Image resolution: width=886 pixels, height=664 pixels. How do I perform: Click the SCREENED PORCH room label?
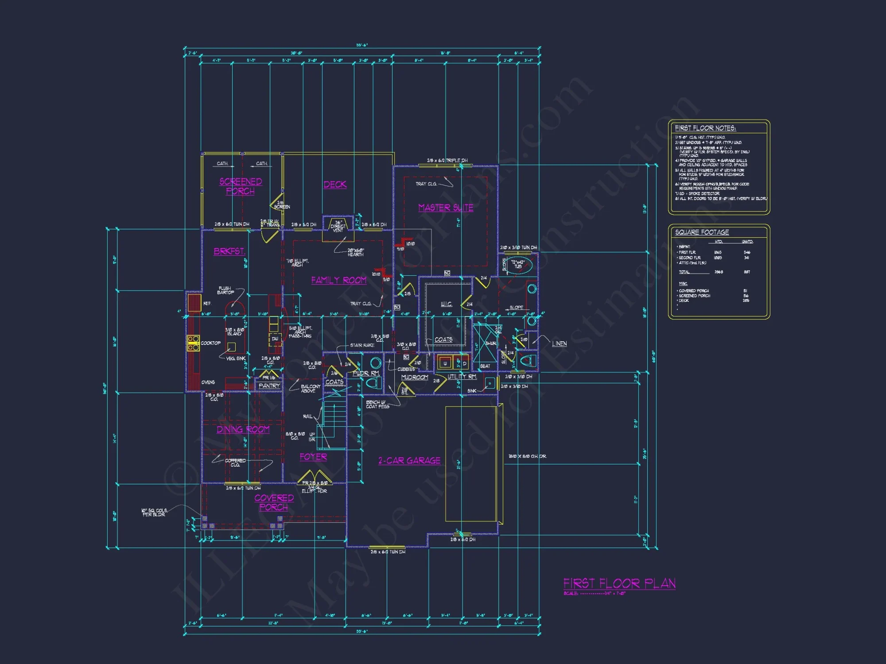click(x=241, y=186)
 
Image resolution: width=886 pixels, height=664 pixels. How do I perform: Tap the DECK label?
click(x=335, y=185)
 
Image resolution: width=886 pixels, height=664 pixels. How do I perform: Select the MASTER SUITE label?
click(x=446, y=208)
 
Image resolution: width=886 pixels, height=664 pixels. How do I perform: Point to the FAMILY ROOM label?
click(x=339, y=280)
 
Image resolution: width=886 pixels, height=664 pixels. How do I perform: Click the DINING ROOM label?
click(x=243, y=429)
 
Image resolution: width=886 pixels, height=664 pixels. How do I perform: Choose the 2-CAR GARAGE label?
click(x=409, y=461)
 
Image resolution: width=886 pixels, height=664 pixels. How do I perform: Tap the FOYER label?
click(x=313, y=457)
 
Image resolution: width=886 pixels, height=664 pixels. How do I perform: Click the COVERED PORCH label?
click(x=274, y=502)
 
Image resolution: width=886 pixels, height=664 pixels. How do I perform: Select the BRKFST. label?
click(x=229, y=251)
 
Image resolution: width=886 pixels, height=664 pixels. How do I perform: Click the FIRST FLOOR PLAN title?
click(x=619, y=583)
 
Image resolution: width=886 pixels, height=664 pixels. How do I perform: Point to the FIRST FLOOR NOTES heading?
click(x=705, y=128)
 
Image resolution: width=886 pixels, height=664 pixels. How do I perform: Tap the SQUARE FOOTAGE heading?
click(x=702, y=232)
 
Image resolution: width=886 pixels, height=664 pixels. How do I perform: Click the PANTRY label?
click(x=269, y=386)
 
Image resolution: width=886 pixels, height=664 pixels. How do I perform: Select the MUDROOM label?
click(x=415, y=378)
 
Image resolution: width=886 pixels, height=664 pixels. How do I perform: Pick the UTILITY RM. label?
click(x=462, y=377)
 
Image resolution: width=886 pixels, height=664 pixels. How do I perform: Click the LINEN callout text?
click(x=559, y=344)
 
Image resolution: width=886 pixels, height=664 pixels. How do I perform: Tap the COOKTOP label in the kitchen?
click(x=210, y=343)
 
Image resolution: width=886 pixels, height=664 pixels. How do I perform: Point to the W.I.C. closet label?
click(x=446, y=304)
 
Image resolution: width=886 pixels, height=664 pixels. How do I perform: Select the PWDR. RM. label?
click(x=366, y=373)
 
